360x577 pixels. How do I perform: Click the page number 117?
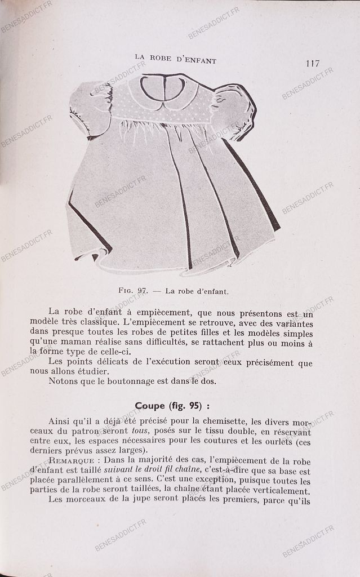pyautogui.click(x=313, y=63)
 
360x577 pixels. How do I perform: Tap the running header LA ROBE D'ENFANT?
pyautogui.click(x=175, y=60)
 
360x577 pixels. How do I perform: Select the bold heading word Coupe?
pyautogui.click(x=150, y=405)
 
